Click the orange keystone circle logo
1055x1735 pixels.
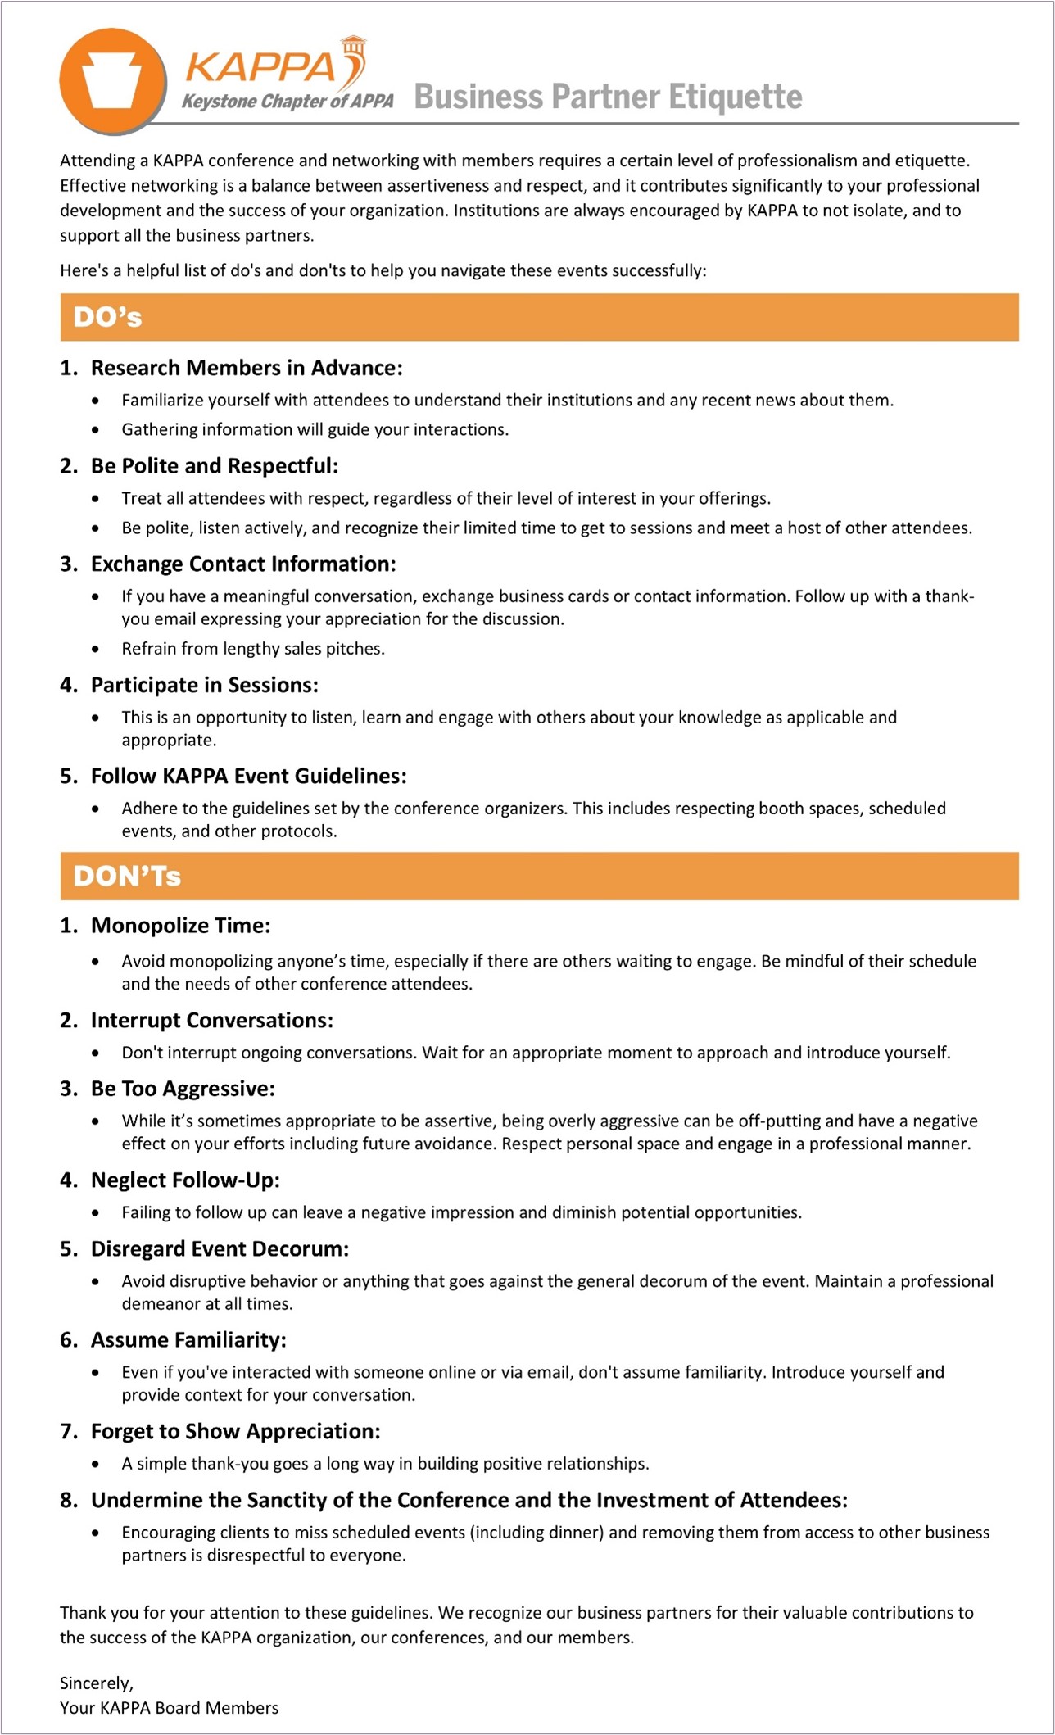click(x=112, y=81)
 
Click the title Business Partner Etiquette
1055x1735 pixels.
click(x=608, y=97)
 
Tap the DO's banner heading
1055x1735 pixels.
click(x=107, y=317)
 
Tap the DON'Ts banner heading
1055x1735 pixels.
click(x=127, y=876)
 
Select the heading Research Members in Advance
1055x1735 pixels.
click(x=246, y=368)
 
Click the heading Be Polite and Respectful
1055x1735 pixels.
click(x=214, y=466)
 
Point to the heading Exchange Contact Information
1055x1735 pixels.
click(x=242, y=564)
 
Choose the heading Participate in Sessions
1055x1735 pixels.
click(x=204, y=685)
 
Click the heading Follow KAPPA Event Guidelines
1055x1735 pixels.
click(x=248, y=776)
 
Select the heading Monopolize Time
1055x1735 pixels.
click(x=180, y=926)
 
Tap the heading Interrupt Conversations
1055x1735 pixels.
click(x=211, y=1020)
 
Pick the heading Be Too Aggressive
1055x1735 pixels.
click(x=183, y=1089)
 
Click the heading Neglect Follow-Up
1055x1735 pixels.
click(x=185, y=1180)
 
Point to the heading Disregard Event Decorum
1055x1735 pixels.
click(x=220, y=1248)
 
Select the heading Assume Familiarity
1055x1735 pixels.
click(x=188, y=1339)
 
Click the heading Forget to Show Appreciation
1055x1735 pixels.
click(x=235, y=1431)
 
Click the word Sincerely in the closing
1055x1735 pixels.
click(x=96, y=1683)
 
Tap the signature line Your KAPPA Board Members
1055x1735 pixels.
click(x=169, y=1707)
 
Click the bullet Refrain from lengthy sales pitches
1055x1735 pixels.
click(x=253, y=649)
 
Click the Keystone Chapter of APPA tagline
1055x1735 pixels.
click(x=288, y=101)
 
